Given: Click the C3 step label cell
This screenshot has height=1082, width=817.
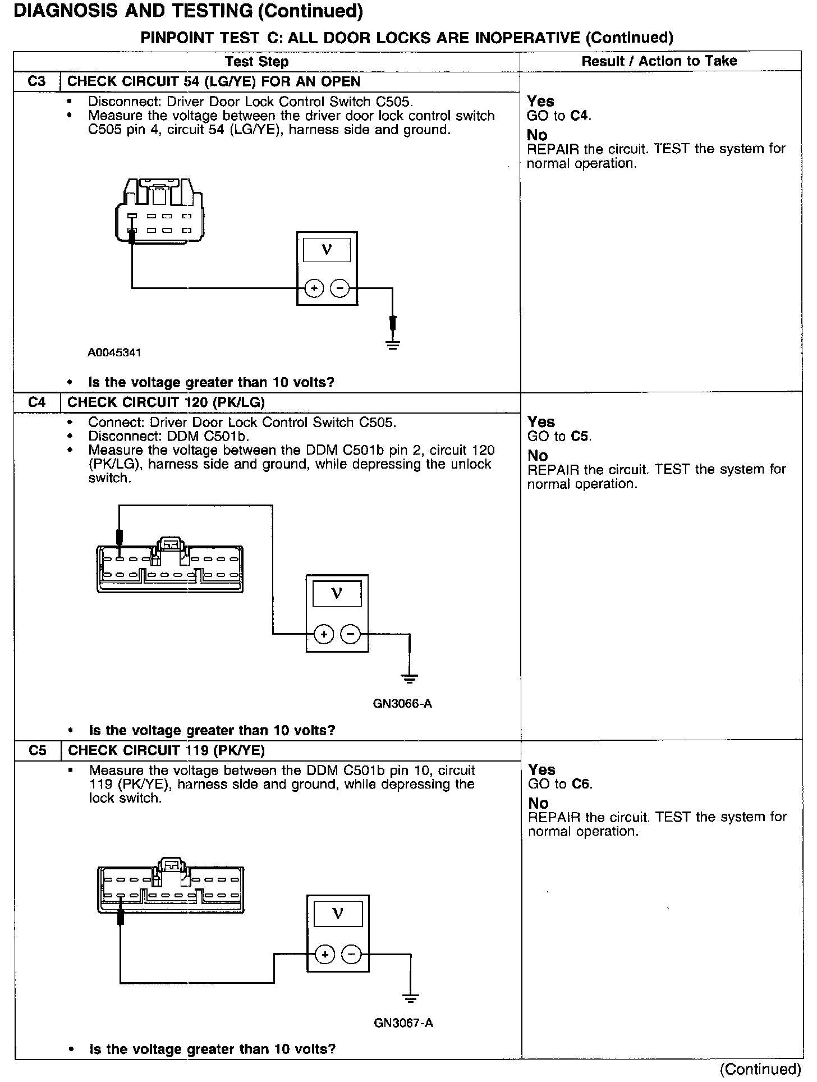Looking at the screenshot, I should [36, 81].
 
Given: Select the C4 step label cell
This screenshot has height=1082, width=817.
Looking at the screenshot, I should [36, 402].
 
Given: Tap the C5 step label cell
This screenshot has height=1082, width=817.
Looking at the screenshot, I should [37, 750].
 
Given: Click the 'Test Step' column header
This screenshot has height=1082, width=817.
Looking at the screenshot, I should [256, 61].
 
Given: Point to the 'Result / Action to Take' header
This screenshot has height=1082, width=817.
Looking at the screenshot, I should [659, 61].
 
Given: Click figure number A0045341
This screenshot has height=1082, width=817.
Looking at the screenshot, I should [114, 352].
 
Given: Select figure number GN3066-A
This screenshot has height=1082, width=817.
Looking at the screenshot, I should [402, 704].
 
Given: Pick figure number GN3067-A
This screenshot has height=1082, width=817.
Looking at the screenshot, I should [403, 1023].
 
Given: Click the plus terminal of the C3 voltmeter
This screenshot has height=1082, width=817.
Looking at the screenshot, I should [314, 288].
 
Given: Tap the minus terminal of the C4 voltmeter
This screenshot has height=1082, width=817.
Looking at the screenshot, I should [351, 634].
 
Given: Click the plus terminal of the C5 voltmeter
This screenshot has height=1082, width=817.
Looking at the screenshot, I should [324, 954].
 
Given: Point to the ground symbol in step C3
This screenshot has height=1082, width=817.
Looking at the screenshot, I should [393, 344].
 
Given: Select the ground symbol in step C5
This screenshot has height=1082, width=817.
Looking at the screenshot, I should [411, 998].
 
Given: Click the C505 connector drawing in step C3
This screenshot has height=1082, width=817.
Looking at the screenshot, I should [159, 210].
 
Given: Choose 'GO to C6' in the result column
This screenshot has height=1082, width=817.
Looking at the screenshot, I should [560, 784].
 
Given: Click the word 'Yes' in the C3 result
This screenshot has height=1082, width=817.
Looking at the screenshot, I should [540, 102].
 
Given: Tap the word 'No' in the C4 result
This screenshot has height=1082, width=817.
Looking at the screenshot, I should [537, 456].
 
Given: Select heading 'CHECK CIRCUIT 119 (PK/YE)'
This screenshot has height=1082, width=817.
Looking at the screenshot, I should [167, 750].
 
